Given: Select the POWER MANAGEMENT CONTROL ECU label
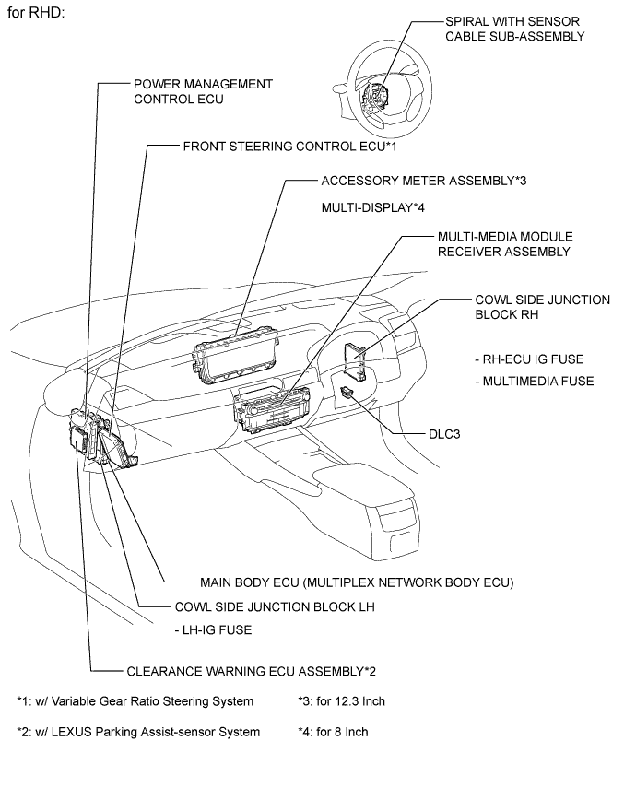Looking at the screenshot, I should click(203, 91).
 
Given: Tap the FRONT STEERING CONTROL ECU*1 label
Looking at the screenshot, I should click(289, 146).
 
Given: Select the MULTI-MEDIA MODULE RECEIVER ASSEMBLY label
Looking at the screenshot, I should click(490, 243).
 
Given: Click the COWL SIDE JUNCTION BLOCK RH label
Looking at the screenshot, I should click(542, 307).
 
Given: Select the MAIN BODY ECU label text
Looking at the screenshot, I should click(356, 582).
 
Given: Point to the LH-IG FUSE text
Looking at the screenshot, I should click(213, 630).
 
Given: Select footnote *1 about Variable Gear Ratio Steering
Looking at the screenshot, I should click(135, 701).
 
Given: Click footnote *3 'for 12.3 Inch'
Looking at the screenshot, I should click(342, 701).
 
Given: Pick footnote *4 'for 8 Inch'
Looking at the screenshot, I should click(334, 732).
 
